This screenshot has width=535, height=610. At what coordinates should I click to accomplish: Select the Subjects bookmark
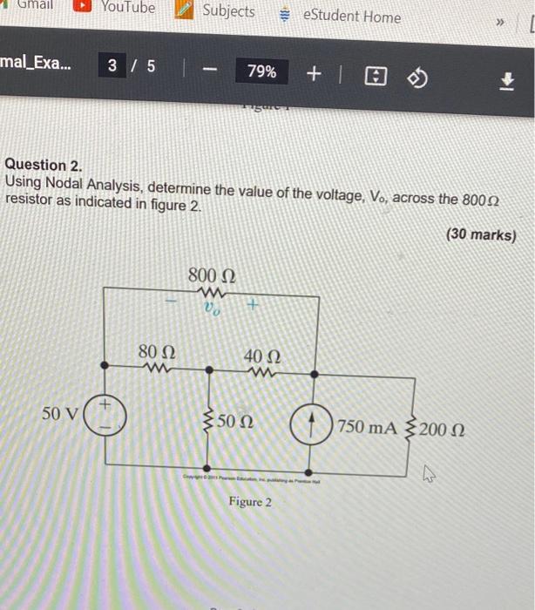click(x=219, y=10)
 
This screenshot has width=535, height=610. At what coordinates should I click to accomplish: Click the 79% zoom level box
click(x=261, y=72)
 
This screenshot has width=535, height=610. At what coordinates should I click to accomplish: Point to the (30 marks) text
click(x=480, y=234)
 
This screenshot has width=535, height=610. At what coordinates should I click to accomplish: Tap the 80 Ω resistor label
click(x=157, y=352)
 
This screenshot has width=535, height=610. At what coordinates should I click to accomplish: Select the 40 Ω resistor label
click(x=262, y=356)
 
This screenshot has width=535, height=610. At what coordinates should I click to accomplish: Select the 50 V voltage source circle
click(x=104, y=417)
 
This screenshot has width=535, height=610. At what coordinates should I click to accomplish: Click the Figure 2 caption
click(x=250, y=502)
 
